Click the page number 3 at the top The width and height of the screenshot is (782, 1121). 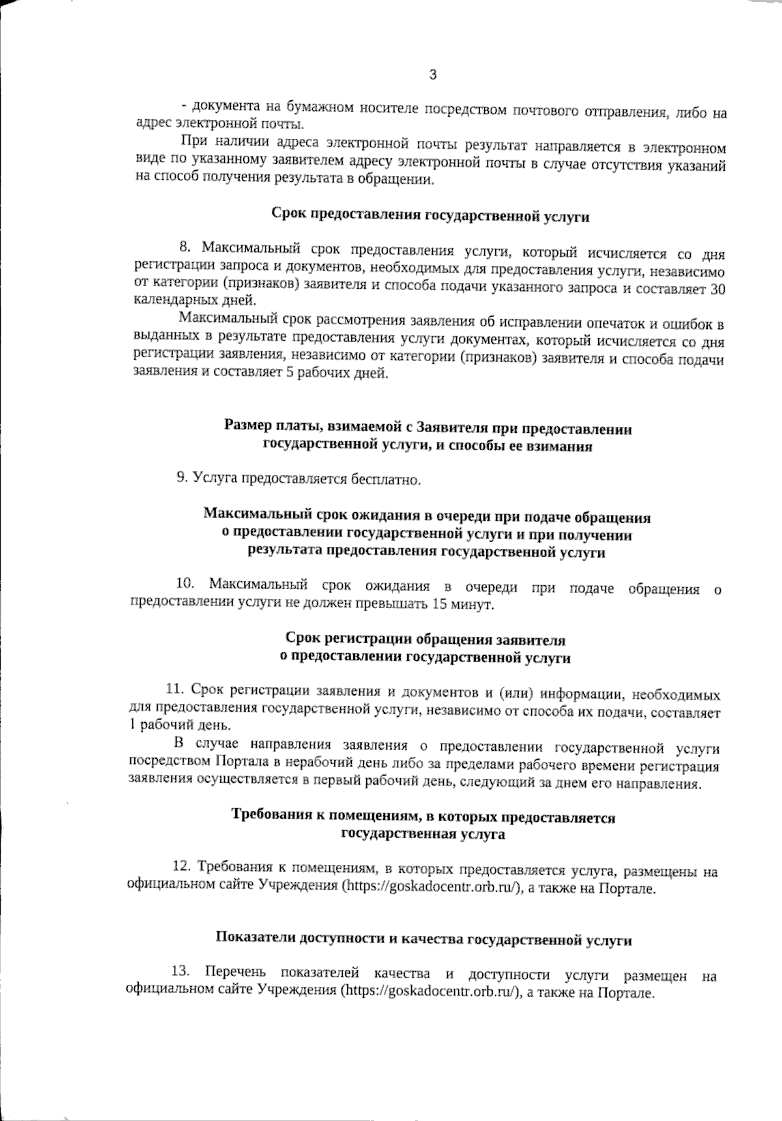[x=433, y=75]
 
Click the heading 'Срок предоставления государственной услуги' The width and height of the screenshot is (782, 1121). [x=430, y=216]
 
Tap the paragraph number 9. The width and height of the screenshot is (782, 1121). [x=182, y=478]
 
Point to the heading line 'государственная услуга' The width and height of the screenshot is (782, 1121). [x=424, y=834]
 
